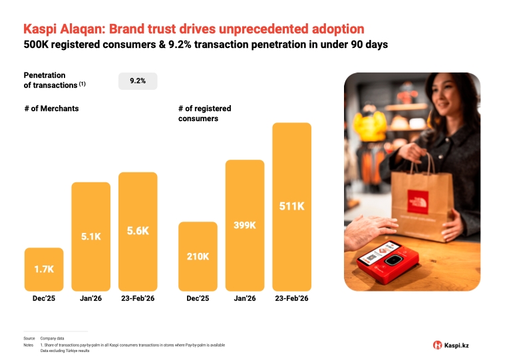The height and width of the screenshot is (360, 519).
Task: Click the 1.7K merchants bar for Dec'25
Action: coord(44,270)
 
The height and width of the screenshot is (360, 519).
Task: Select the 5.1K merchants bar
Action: coord(91,237)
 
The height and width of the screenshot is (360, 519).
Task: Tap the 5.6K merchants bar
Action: coord(138,232)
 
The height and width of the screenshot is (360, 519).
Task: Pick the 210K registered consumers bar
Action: coord(198,256)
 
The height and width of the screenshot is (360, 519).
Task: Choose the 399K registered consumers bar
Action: coord(245,226)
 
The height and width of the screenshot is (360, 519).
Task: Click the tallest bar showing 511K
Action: coord(292,207)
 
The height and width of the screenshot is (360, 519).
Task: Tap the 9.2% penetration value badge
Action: coord(138,81)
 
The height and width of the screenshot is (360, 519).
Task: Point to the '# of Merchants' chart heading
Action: coord(51,108)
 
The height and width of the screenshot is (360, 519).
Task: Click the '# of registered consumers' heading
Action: coord(204,114)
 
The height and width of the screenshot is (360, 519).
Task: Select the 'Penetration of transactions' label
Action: coord(55,80)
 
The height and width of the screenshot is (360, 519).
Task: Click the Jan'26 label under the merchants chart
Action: coord(91,299)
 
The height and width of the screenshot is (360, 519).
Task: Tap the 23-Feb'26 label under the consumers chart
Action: coord(291,299)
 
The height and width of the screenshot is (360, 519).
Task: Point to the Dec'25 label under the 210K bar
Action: coord(198,299)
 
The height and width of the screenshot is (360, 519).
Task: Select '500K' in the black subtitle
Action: coord(36,45)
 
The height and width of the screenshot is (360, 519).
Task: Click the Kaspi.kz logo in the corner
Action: coord(451,345)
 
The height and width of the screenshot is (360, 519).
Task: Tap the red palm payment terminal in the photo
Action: coord(388,262)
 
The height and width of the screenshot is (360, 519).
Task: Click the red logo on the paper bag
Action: coord(418,202)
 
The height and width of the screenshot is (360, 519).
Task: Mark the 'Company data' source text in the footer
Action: coord(53,339)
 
